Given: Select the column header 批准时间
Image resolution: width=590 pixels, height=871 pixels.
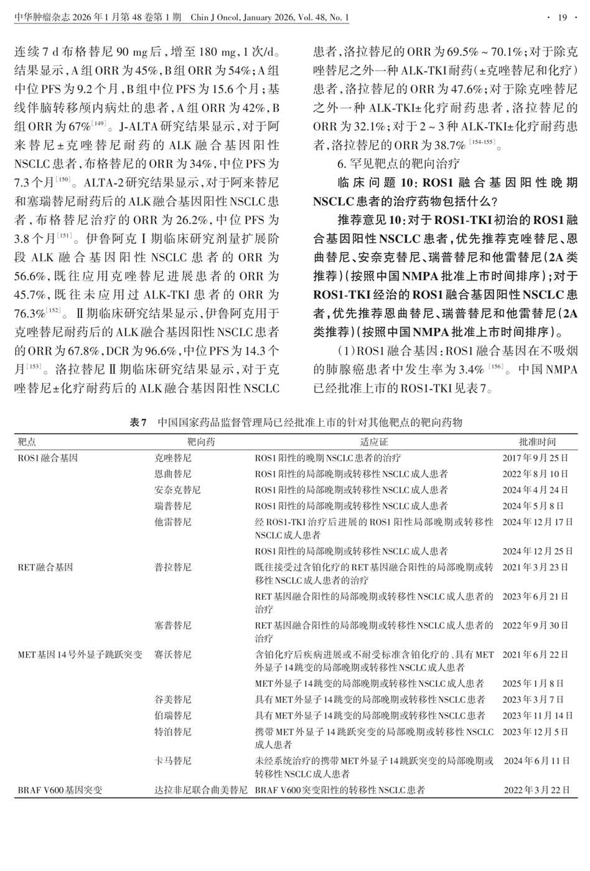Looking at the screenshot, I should click(x=536, y=442).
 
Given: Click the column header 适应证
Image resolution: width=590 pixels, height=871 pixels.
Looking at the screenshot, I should click(x=373, y=442).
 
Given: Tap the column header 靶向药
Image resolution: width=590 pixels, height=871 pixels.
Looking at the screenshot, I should click(x=201, y=442).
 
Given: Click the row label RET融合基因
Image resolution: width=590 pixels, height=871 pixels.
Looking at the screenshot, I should click(x=45, y=567).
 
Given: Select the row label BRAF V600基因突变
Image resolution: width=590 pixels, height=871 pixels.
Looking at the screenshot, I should click(x=60, y=790).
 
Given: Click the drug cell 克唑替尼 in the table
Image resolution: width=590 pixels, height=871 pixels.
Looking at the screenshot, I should click(x=173, y=458).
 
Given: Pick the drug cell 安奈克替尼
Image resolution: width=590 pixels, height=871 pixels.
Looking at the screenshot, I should click(x=177, y=490).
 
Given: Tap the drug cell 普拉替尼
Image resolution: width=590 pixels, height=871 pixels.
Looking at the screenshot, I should click(x=173, y=567).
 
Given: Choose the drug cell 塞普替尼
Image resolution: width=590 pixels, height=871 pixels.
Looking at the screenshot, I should click(x=173, y=625).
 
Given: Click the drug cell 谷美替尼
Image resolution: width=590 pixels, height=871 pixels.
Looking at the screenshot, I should click(x=173, y=699).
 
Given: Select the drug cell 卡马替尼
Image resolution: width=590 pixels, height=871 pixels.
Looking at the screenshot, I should click(x=173, y=761).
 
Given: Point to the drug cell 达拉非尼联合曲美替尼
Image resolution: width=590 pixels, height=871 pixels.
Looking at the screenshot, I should click(x=200, y=790).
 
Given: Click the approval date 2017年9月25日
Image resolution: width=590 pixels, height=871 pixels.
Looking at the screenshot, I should click(x=535, y=458).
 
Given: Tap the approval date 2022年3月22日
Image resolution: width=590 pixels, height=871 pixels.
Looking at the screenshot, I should click(x=536, y=790).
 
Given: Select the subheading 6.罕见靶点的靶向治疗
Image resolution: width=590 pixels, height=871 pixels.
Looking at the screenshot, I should click(x=398, y=164).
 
